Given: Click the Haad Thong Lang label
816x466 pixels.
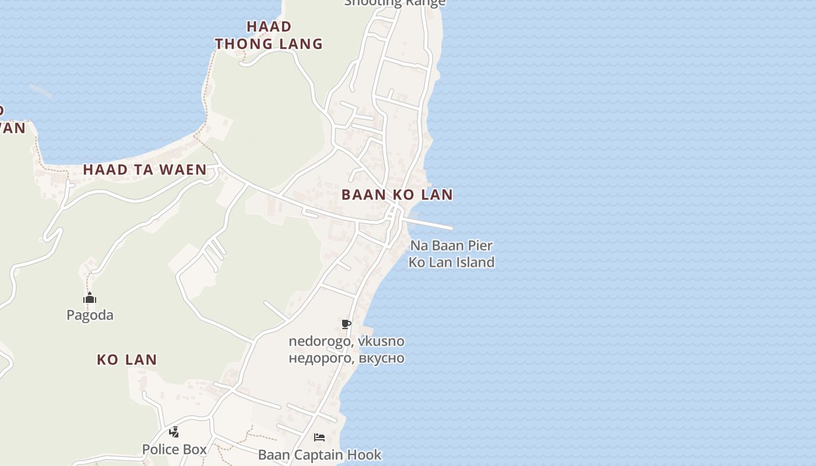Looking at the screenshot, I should click(x=269, y=35).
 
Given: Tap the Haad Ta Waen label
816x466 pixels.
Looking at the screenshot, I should click(x=145, y=170).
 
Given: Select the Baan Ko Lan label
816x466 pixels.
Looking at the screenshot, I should click(x=397, y=195).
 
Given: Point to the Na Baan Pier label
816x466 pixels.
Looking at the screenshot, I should click(x=451, y=245).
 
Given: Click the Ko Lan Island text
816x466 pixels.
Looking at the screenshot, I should click(x=451, y=262).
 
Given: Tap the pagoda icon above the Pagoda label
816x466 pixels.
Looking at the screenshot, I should click(x=90, y=298).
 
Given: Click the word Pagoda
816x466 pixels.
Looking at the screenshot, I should click(x=90, y=315).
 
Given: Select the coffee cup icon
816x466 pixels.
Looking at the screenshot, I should click(x=346, y=324).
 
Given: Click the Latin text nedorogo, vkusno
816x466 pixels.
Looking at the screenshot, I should click(x=346, y=341).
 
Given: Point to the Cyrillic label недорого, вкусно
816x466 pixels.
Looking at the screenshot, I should click(x=346, y=357).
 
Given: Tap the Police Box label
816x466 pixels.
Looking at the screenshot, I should click(x=174, y=449).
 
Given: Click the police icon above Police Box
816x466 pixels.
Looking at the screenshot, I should click(x=174, y=432).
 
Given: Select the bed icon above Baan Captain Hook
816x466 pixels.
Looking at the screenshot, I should click(x=319, y=437).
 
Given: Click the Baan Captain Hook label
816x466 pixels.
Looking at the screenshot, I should click(x=319, y=454).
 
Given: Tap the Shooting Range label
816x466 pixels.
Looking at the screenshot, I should click(x=395, y=3).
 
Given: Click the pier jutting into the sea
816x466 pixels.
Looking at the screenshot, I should click(x=431, y=224).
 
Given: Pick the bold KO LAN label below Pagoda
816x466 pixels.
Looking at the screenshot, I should click(x=127, y=359).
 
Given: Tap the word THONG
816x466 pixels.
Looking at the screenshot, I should click(x=238, y=44).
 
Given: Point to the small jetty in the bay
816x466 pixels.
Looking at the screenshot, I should click(x=41, y=90).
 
